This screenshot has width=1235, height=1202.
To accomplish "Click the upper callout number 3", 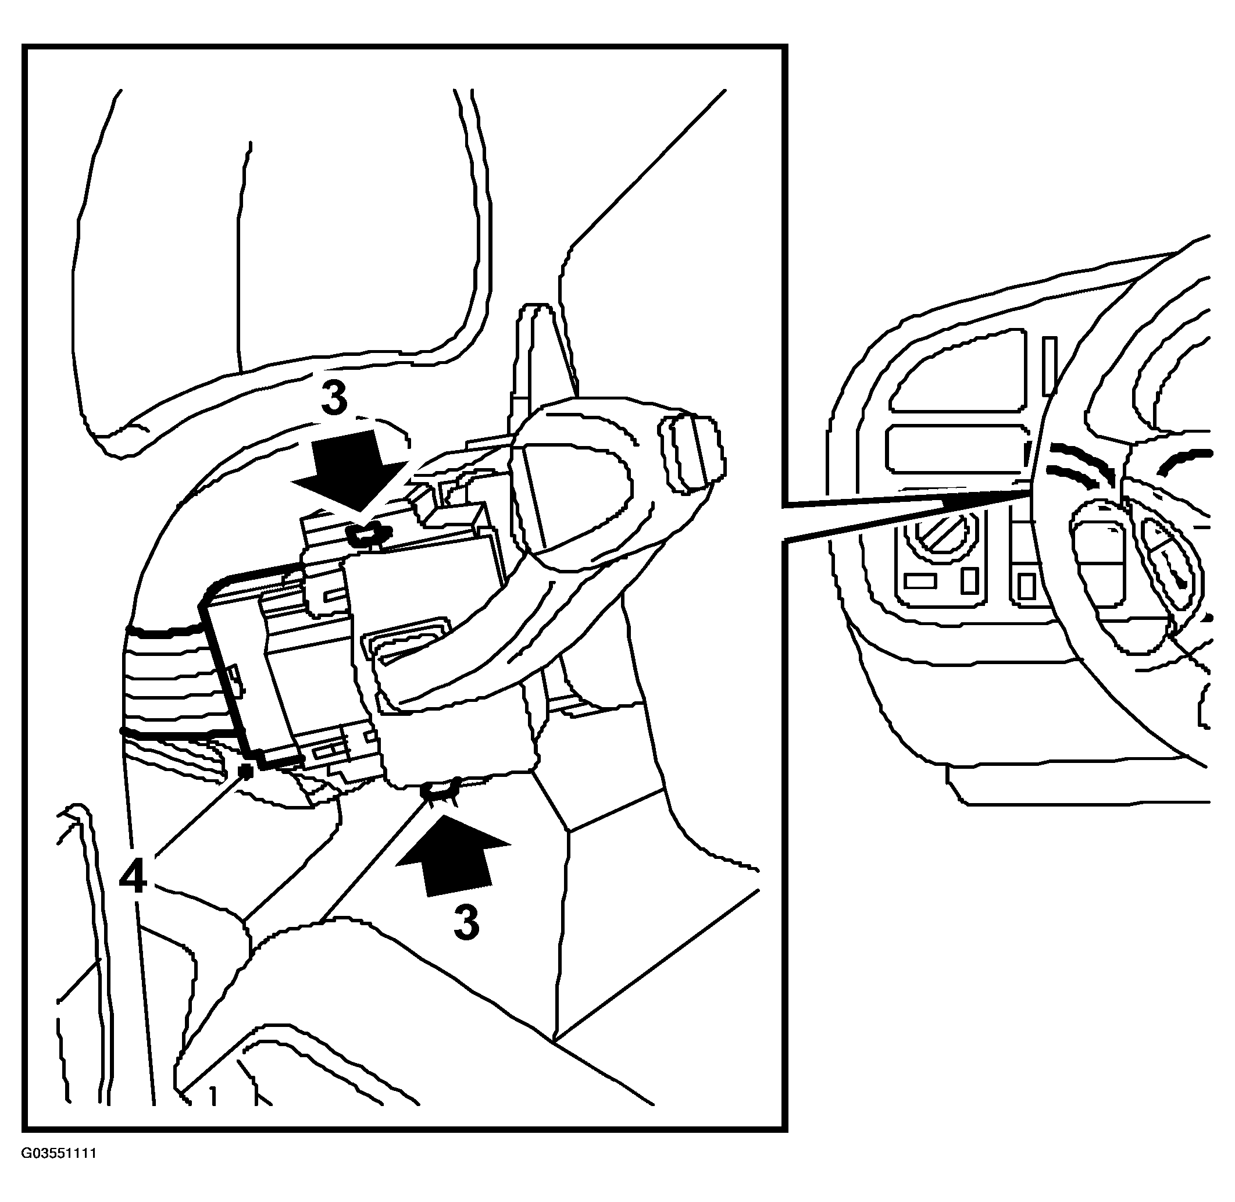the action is [x=334, y=398].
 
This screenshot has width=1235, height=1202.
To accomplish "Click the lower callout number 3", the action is [x=466, y=922].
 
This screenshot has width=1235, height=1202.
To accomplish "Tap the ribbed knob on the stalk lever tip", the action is [x=692, y=452].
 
